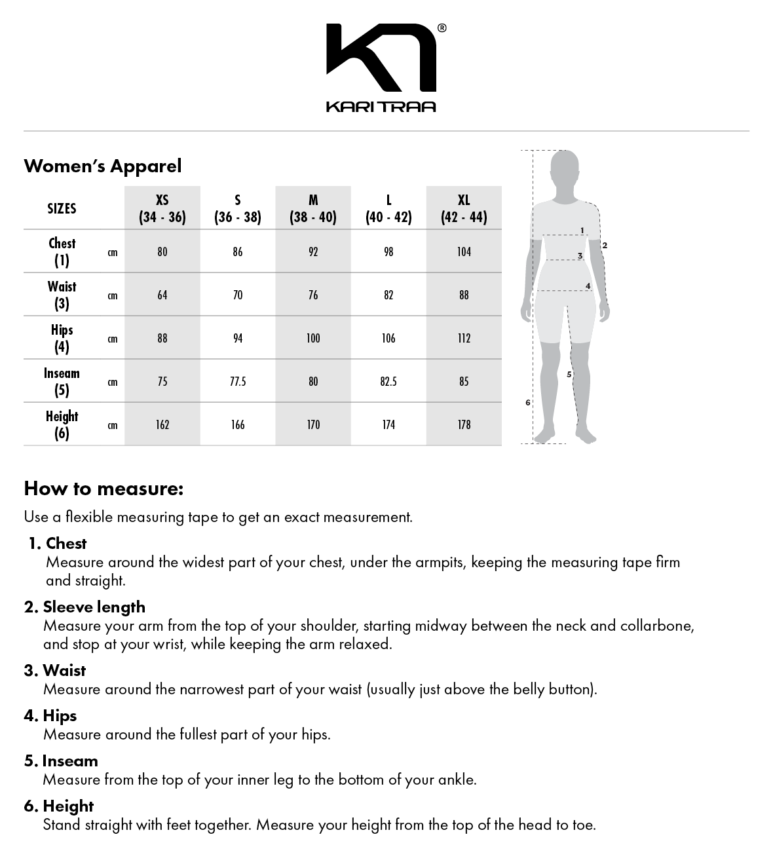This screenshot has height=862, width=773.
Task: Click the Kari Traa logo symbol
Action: coord(381,58)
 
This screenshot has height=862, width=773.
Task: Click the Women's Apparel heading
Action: coord(103,166)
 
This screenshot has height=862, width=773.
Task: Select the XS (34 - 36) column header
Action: coord(162,208)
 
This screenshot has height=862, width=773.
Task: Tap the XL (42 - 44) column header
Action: coord(464,208)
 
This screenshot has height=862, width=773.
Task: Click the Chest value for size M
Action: coord(313,252)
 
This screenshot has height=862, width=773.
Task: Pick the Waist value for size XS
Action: coord(162,295)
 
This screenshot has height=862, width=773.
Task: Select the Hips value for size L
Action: coord(388,338)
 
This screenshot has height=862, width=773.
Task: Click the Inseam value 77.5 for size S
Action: coord(238,381)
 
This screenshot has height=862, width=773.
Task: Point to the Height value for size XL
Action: coord(464,424)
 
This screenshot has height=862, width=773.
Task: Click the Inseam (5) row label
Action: coord(62,381)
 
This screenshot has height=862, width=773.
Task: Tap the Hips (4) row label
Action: coord(62,338)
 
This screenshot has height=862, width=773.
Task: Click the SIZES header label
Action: coord(62,208)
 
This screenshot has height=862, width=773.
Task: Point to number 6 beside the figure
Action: coord(528,402)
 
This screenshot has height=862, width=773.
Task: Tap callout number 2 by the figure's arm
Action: coord(605,246)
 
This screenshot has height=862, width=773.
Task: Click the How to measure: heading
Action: coord(104,489)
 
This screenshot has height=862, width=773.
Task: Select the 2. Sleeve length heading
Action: coord(85,607)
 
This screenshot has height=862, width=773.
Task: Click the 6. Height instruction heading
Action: coord(59,806)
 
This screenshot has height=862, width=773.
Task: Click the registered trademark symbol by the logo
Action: coord(442,28)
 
